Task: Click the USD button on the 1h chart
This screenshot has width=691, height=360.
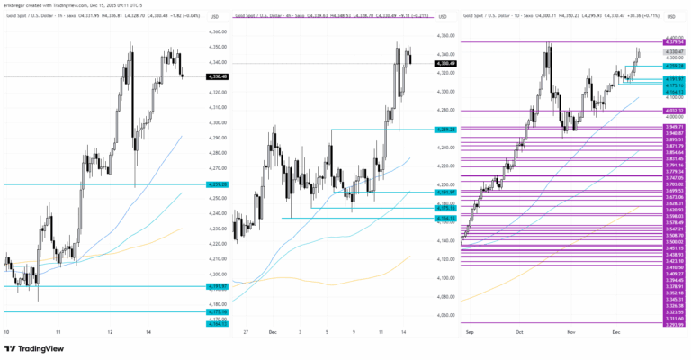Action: pyautogui.click(x=213, y=17)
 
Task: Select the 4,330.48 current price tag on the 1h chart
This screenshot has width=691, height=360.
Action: pyautogui.click(x=216, y=76)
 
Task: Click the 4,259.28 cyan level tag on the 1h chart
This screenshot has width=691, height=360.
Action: pyautogui.click(x=216, y=184)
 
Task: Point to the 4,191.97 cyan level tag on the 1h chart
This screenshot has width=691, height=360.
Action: pyautogui.click(x=216, y=287)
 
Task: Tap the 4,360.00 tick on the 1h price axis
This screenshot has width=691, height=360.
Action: pyautogui.click(x=216, y=31)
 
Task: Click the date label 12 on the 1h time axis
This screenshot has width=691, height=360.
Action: pyautogui.click(x=110, y=332)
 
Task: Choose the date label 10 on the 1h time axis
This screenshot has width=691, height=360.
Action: pyautogui.click(x=8, y=332)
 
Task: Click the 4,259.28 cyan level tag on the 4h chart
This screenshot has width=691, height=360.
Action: pyautogui.click(x=444, y=130)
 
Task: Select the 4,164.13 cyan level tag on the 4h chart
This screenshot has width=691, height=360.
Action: pyautogui.click(x=444, y=218)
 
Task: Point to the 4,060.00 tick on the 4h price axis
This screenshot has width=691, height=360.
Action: pyautogui.click(x=444, y=315)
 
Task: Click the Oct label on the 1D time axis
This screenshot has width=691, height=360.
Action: pyautogui.click(x=519, y=332)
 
